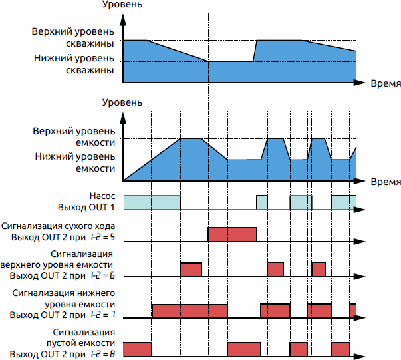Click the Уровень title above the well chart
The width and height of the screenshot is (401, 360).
122,6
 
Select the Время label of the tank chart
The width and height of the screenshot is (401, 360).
385,182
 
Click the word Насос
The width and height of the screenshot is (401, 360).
102,197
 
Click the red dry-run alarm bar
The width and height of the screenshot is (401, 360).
232,235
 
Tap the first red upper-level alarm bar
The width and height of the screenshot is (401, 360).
191,270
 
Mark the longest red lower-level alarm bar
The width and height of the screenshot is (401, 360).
190,311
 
